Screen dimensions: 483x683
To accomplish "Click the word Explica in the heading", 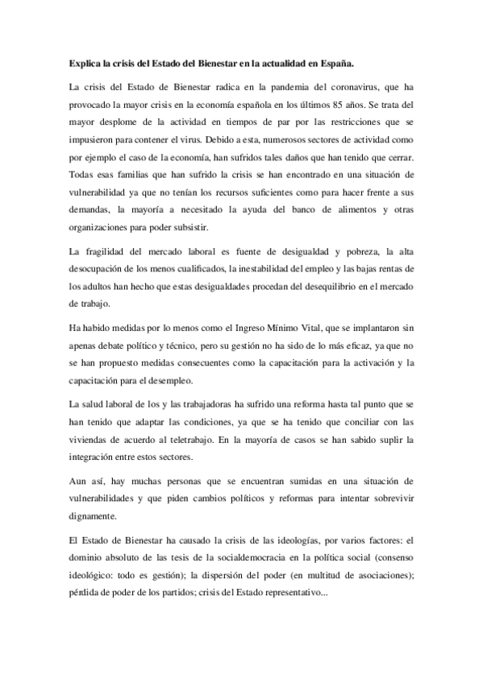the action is tap(81, 61).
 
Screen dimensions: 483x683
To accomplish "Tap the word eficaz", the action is tap(360, 343).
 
